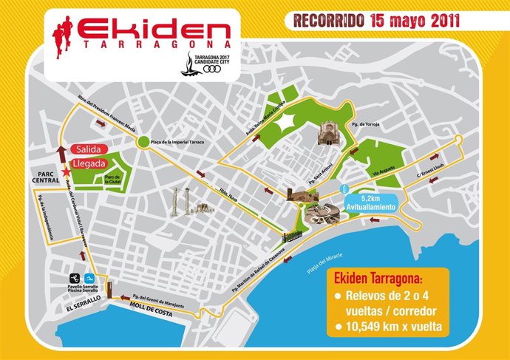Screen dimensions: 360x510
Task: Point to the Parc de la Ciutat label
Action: point(113,177)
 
